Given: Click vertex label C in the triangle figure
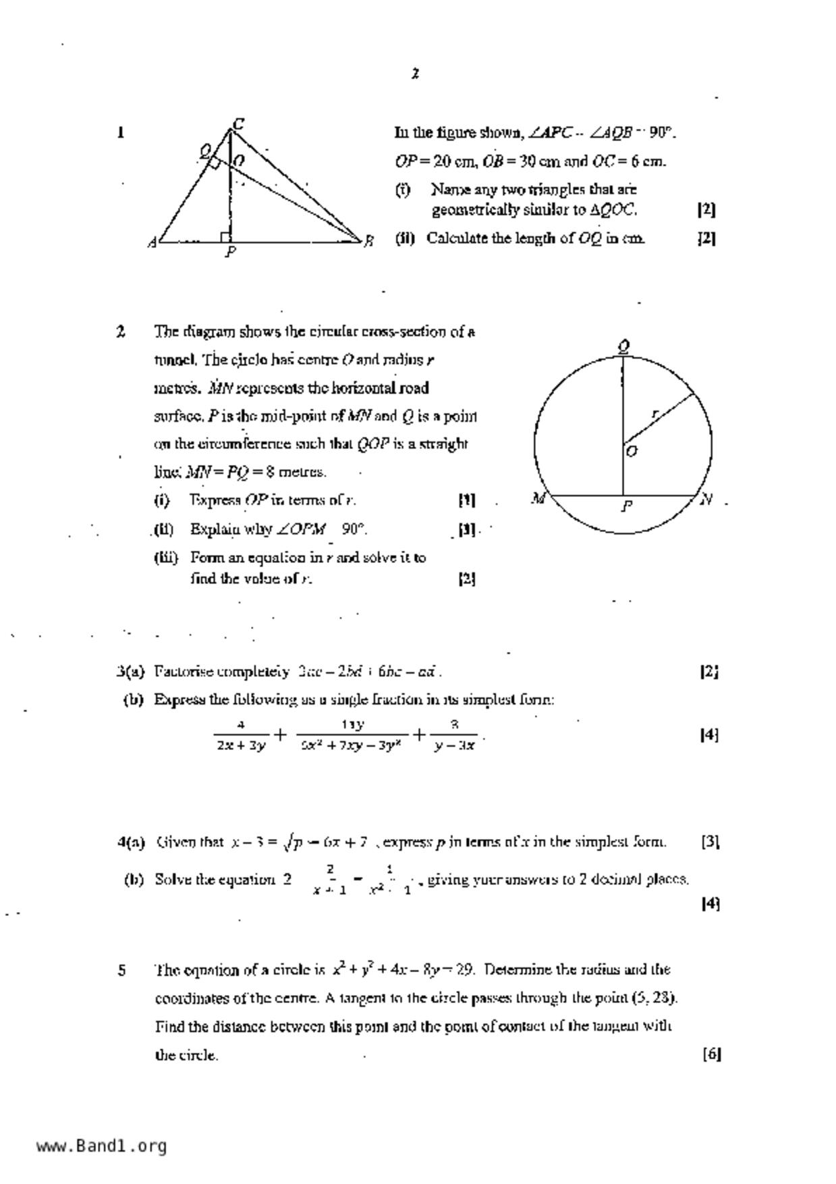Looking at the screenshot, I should pyautogui.click(x=238, y=124).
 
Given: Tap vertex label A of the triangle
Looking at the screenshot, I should pyautogui.click(x=152, y=242).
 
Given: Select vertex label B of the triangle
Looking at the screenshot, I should pyautogui.click(x=368, y=241).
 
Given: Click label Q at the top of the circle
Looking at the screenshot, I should pyautogui.click(x=624, y=347).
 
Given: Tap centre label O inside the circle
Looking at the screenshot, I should pyautogui.click(x=632, y=451).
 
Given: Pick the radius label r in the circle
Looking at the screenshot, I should pyautogui.click(x=654, y=413).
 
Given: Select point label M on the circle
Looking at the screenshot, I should pyautogui.click(x=538, y=499).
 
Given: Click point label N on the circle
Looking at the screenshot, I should pyautogui.click(x=706, y=500).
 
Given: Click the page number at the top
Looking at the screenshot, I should pyautogui.click(x=416, y=74).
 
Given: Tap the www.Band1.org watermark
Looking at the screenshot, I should pyautogui.click(x=101, y=1146).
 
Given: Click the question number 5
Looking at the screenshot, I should pyautogui.click(x=121, y=971).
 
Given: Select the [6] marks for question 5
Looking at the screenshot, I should pyautogui.click(x=711, y=1054).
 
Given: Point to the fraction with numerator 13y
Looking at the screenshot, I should pyautogui.click(x=352, y=734).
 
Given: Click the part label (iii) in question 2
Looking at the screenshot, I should pyautogui.click(x=165, y=558).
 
